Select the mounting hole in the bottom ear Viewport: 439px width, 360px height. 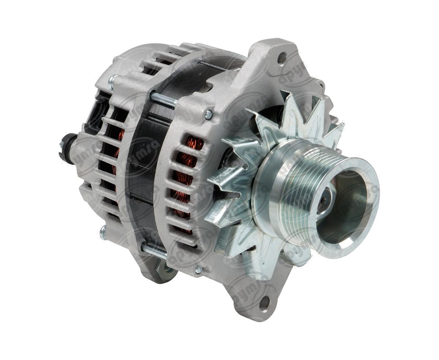click(x=265, y=303)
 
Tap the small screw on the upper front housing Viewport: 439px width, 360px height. click(x=209, y=114)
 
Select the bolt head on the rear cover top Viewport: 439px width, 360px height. click(x=112, y=80)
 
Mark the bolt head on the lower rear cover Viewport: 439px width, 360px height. click(x=103, y=233)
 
